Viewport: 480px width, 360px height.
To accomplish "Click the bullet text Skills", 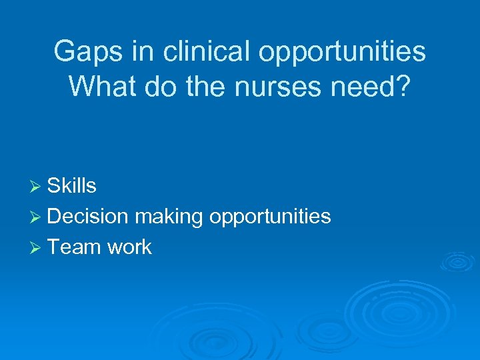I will [x=72, y=186].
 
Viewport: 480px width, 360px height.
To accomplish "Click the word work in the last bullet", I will [x=129, y=247].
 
